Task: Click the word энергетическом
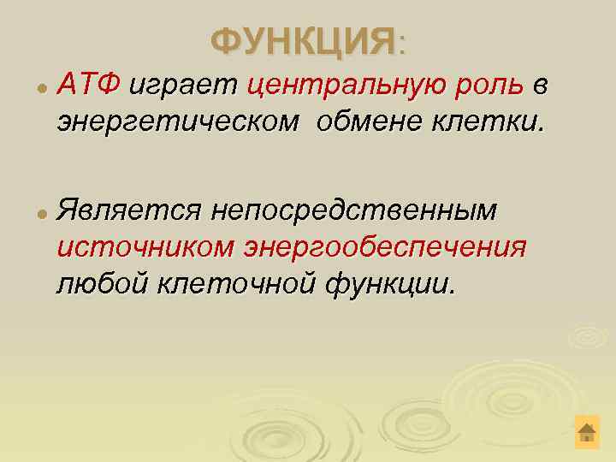[x=178, y=122]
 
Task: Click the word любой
[x=104, y=282]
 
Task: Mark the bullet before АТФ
[x=40, y=88]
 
